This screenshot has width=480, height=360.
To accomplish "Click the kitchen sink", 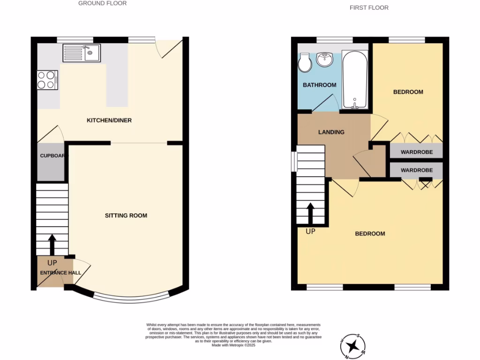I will [x=81, y=53].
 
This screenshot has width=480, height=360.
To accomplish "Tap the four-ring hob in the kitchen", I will [x=47, y=79].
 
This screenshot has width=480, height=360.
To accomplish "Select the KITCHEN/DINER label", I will [x=109, y=120].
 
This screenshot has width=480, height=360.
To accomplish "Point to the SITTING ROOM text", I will [x=126, y=216].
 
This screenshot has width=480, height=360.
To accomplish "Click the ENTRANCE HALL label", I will [x=60, y=273].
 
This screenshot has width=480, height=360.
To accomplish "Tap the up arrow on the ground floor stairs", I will [x=52, y=244].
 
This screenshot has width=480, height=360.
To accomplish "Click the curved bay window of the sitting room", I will [x=130, y=296].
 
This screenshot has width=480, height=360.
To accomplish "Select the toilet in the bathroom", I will [x=305, y=62].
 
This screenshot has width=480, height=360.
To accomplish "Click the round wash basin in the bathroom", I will [x=324, y=60].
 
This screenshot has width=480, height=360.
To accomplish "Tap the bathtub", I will [x=355, y=80].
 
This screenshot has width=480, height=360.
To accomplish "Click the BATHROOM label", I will [x=319, y=85].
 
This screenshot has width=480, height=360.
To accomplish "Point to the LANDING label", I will [x=331, y=132].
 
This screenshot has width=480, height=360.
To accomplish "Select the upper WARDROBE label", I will [x=416, y=152].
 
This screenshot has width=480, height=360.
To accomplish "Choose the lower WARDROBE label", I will [x=416, y=170].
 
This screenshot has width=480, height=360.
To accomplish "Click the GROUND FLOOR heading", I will [x=102, y=3].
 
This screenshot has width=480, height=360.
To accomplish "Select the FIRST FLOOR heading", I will [x=369, y=7].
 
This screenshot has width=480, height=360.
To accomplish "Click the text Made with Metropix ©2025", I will [x=233, y=345].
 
